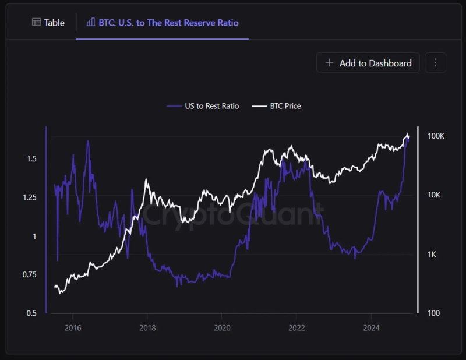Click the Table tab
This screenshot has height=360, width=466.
(48, 23)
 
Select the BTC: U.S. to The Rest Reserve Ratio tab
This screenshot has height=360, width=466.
(163, 23)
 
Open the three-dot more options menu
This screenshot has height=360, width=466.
(435, 63)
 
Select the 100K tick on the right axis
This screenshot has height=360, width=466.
(436, 136)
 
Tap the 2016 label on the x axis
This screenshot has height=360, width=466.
(72, 327)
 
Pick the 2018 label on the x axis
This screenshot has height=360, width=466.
(147, 327)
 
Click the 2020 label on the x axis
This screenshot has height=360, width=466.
(221, 327)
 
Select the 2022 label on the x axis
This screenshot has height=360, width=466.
(296, 327)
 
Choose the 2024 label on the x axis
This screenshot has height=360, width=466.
(371, 327)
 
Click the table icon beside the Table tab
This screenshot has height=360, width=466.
(36, 23)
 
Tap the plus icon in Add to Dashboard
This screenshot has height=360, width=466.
(330, 63)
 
